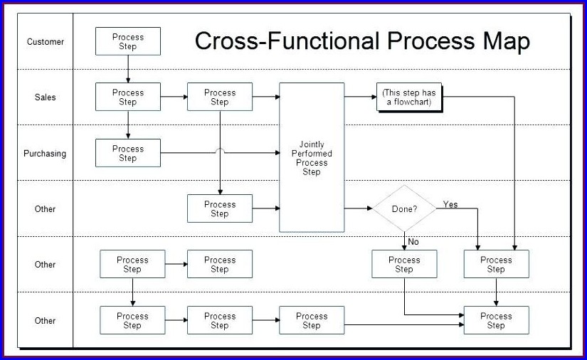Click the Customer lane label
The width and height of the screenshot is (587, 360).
click(45, 42)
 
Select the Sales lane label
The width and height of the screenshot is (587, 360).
click(45, 97)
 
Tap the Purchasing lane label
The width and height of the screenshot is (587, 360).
click(45, 154)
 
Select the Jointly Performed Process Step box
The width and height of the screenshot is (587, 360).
click(312, 158)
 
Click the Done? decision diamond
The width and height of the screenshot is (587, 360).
click(404, 209)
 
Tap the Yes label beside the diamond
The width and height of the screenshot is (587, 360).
click(450, 205)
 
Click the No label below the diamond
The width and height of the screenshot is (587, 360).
click(413, 242)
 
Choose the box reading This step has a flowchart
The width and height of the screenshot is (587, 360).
click(408, 97)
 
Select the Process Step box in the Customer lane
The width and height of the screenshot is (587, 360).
click(128, 41)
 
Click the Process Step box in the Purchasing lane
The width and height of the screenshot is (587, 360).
click(128, 153)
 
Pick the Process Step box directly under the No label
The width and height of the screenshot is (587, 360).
click(404, 264)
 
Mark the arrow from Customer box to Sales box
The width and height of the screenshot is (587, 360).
click(128, 69)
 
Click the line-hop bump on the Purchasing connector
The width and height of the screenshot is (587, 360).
click(220, 151)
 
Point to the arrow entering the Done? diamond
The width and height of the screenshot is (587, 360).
click(359, 209)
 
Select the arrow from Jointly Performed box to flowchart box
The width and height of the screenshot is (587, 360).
click(360, 97)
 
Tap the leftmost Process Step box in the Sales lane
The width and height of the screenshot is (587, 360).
click(128, 97)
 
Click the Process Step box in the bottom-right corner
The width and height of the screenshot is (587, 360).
click(496, 320)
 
